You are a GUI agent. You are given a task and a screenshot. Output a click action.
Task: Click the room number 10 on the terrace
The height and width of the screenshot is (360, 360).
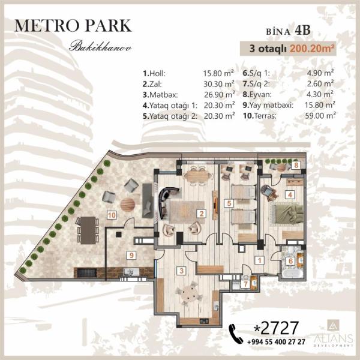pyautogui.click(x=112, y=215)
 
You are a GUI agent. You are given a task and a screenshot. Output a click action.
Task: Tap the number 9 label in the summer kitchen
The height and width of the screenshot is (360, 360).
pyautogui.click(x=131, y=255)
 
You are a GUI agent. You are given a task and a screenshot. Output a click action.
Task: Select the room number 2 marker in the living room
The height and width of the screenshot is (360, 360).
pyautogui.click(x=202, y=214)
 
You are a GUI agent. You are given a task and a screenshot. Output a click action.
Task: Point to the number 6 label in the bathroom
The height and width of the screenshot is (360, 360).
pyautogui.click(x=290, y=261)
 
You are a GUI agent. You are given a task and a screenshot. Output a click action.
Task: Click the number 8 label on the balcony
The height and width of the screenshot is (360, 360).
pyautogui.click(x=296, y=166)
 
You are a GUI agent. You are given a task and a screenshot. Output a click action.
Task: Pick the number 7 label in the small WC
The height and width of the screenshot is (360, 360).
pyautogui.click(x=245, y=284)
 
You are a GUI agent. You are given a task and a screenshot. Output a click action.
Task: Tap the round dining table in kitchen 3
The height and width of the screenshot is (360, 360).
pyautogui.click(x=189, y=294)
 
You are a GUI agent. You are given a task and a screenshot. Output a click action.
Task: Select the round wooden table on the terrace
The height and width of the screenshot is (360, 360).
pyautogui.click(x=128, y=205)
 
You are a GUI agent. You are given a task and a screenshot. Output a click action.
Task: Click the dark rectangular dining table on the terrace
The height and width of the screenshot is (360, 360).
pyautogui.click(x=88, y=230)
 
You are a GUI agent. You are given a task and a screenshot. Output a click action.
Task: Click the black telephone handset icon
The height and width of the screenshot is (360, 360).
pyautogui.click(x=236, y=334)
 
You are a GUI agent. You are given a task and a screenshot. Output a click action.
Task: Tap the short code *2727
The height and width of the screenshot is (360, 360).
pyautogui.click(x=276, y=328)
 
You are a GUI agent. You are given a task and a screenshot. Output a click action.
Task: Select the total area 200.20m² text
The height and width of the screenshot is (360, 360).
pyautogui.click(x=311, y=49)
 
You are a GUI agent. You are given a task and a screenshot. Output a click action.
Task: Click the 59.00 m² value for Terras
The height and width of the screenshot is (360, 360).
pyautogui.click(x=320, y=115)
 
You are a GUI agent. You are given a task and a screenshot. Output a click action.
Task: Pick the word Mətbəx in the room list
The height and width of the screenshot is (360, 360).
pyautogui.click(x=163, y=95)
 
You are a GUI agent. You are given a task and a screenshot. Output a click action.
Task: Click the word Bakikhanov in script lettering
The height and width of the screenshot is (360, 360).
pyautogui.click(x=101, y=46)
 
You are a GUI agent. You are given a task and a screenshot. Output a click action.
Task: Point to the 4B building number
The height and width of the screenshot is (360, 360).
pyautogui.click(x=303, y=31)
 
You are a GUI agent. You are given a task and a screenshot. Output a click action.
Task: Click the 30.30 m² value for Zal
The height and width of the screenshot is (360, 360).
pyautogui.click(x=219, y=84)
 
